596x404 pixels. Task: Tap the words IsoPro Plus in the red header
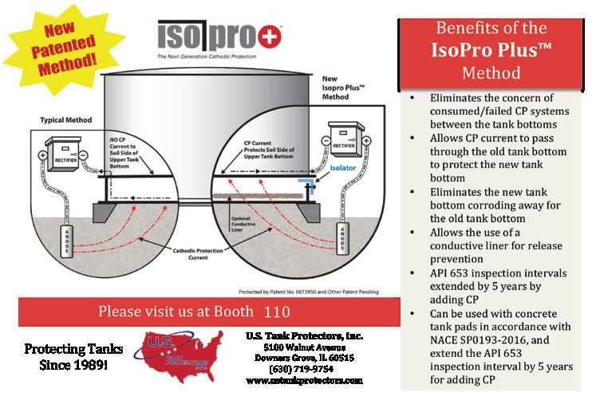[488, 53]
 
